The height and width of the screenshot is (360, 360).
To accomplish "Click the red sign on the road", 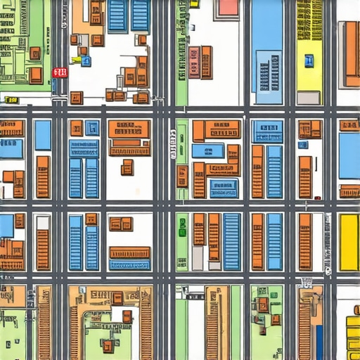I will point(60,72).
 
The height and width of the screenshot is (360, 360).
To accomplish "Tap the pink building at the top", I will point(228,8).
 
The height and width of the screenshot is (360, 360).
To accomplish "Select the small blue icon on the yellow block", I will point(309,60).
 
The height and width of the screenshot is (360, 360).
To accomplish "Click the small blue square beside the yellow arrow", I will point(86,61).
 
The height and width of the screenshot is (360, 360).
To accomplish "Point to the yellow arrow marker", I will point(76,60).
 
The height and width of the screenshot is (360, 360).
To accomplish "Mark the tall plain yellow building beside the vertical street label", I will point(349,242).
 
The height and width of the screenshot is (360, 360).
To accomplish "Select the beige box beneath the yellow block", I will point(308,98).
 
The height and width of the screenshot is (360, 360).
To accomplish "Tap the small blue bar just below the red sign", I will point(54,85).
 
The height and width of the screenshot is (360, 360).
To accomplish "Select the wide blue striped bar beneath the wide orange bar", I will point(129,265).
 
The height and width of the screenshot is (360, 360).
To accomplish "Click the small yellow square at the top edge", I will point(194,4).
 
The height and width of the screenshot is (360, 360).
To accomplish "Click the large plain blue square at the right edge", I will point(349,155).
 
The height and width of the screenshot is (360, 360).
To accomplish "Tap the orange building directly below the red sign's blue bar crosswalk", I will point(76,98).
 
